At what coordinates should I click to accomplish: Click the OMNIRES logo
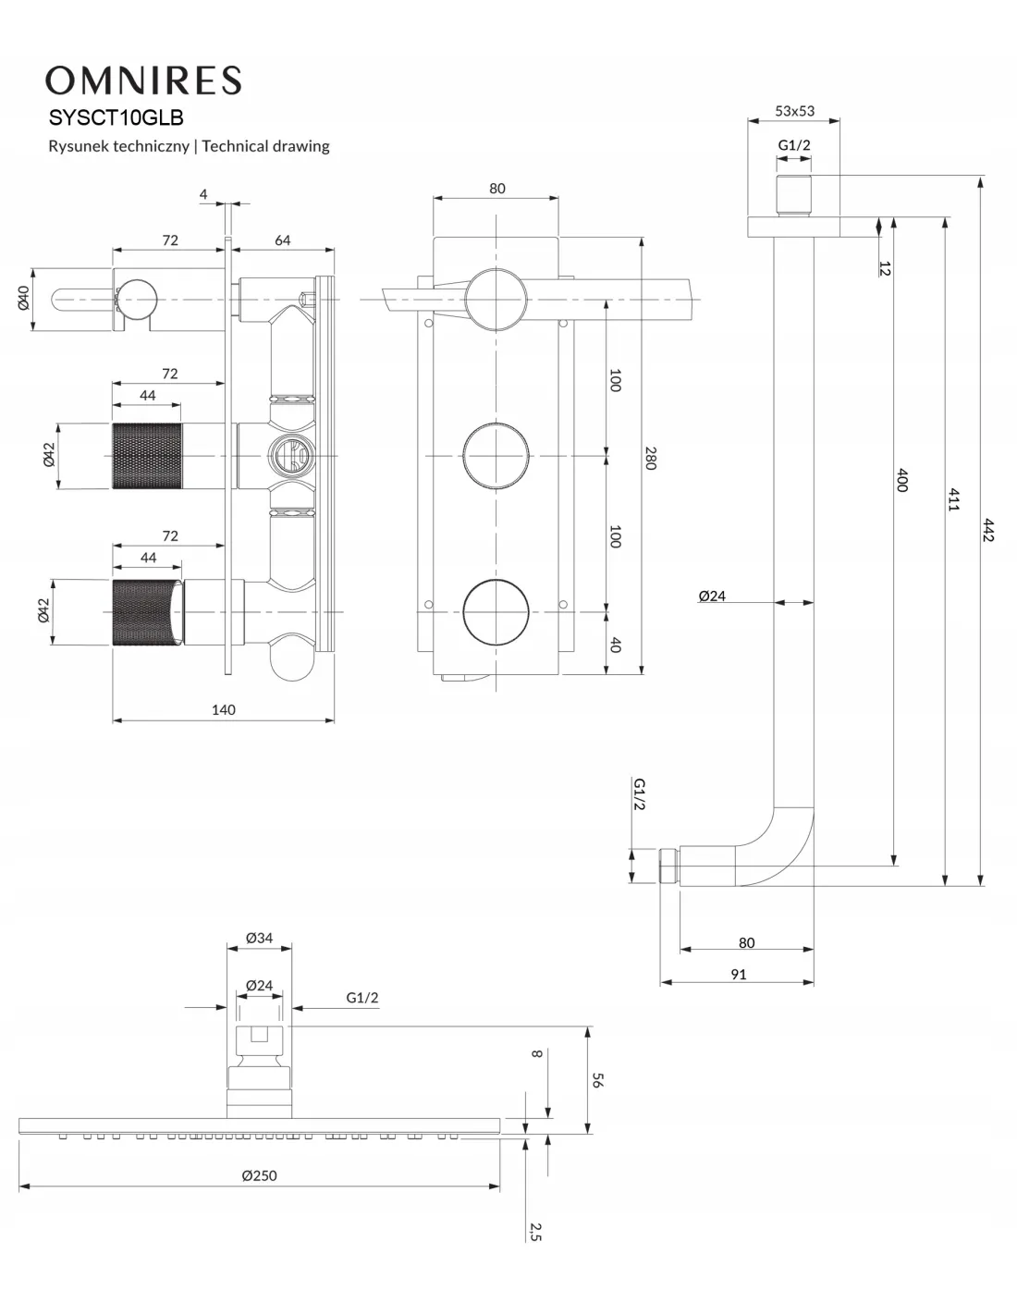tap(143, 80)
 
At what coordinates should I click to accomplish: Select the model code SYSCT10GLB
tap(116, 118)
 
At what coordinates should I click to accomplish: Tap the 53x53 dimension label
tap(794, 111)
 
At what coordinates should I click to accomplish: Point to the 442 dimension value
tap(988, 530)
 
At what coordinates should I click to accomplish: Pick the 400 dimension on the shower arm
tap(901, 480)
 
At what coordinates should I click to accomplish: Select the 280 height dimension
tap(650, 458)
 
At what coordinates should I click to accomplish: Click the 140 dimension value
tap(223, 710)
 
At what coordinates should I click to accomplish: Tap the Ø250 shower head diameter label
tap(259, 1176)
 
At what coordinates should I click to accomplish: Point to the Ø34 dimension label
tap(259, 938)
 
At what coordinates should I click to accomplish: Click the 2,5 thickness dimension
tap(535, 1231)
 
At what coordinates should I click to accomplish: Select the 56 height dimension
tap(597, 1079)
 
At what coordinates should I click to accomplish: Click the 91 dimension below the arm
tap(738, 974)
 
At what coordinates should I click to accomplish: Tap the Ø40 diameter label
tap(25, 298)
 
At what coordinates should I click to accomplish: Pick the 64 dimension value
tap(282, 240)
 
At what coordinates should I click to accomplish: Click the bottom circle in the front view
tap(496, 611)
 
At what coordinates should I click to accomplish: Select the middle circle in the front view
tap(496, 455)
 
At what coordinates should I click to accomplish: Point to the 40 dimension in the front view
tap(616, 644)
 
